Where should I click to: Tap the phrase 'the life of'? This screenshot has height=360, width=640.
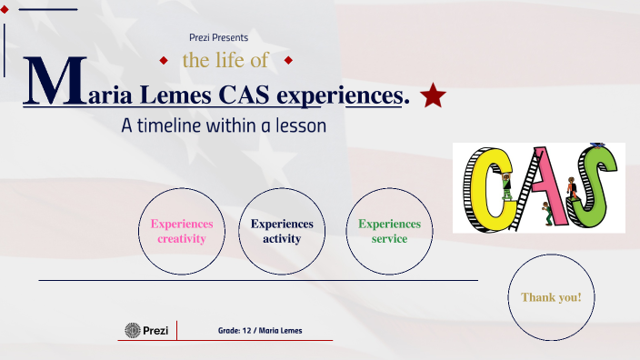pos(225,61)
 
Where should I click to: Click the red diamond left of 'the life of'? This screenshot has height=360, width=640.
pos(164,61)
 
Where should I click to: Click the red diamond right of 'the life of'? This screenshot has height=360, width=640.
pos(287,61)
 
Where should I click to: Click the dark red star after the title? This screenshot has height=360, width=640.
pos(433,94)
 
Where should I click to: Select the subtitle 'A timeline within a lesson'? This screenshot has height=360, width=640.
pos(224,126)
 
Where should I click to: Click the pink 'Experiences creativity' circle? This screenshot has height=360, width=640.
pos(182,232)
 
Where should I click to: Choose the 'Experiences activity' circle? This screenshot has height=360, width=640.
pos(282,232)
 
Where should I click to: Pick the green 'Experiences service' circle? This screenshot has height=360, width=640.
pos(389,232)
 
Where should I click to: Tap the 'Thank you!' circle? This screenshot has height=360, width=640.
pos(551,297)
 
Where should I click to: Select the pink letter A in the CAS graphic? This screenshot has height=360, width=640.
pos(543,186)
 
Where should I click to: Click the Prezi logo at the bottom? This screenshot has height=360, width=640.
pos(146,330)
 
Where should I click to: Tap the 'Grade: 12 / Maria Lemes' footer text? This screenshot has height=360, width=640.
pos(260,330)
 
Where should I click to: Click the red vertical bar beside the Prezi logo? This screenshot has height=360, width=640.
pos(176,330)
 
